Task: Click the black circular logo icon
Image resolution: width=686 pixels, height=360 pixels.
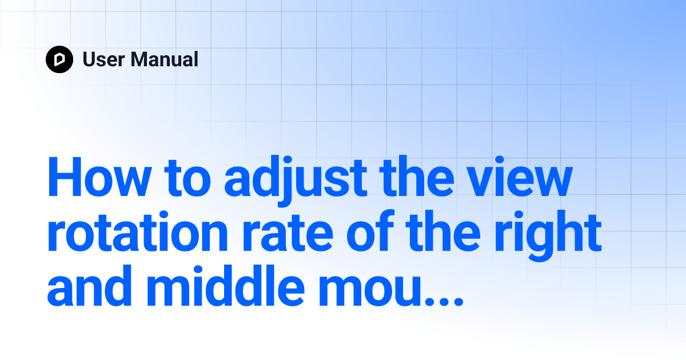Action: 59,59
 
